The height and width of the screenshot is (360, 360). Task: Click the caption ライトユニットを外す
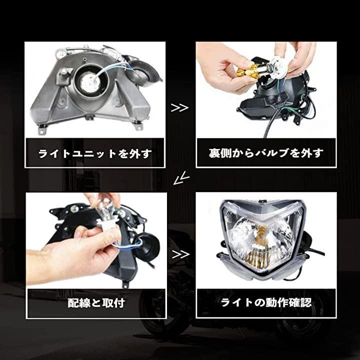click(95, 153)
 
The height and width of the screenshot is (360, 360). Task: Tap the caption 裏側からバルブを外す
click(266, 153)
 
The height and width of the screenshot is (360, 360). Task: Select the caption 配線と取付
click(96, 303)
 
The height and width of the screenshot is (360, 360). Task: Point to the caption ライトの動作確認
click(266, 302)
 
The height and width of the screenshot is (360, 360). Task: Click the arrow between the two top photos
click(179, 107)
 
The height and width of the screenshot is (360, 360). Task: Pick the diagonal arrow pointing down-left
click(181, 178)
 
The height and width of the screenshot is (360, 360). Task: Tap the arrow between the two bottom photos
click(180, 254)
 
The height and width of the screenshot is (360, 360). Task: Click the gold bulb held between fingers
click(244, 70)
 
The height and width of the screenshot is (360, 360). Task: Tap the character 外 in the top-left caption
click(134, 153)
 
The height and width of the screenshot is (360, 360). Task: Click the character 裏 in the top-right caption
click(214, 153)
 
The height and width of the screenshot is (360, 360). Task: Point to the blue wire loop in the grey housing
click(110, 69)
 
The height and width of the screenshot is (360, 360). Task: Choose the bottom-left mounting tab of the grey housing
click(42, 129)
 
